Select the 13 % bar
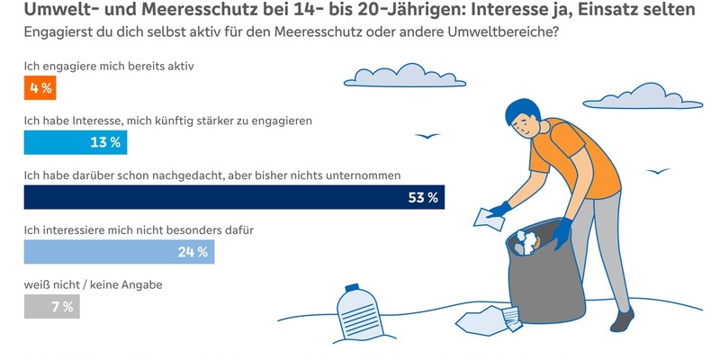[x=75, y=142]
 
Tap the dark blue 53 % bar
[x=234, y=197]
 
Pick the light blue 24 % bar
[x=119, y=251]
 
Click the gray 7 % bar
[x=51, y=306]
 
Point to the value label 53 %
[x=422, y=197]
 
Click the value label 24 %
[x=193, y=251]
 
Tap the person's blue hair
[x=521, y=112]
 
